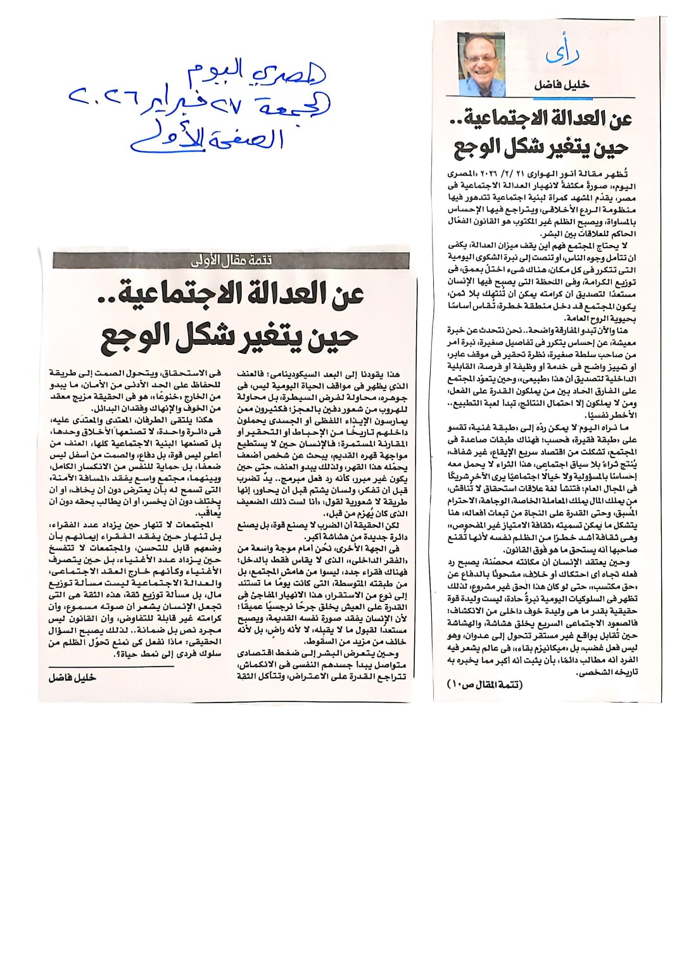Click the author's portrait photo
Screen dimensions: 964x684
tap(483, 58)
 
